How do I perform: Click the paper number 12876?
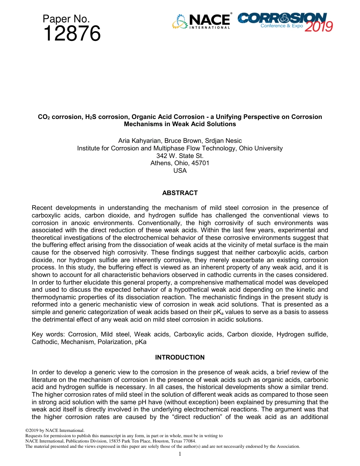72,34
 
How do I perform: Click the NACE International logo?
202,22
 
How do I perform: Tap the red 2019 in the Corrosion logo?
319,27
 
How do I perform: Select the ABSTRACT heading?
180,193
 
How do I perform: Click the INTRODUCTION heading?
180,357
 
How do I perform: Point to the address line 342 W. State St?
180,156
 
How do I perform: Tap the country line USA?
180,170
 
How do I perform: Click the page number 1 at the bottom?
180,454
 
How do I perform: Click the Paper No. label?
66,19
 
